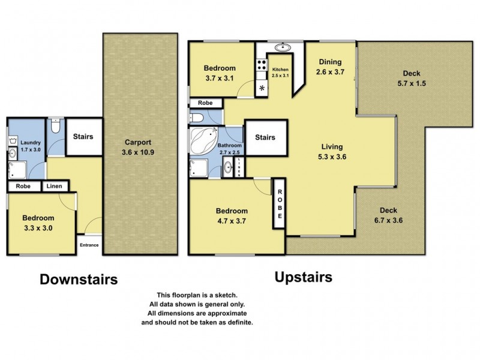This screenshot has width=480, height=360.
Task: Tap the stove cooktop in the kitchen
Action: point(262,65)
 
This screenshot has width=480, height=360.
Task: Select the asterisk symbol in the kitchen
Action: point(262,88)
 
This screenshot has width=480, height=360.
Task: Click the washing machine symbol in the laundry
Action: point(13,142)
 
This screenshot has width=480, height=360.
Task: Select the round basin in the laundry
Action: point(13,154)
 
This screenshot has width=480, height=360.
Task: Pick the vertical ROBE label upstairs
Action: point(280,203)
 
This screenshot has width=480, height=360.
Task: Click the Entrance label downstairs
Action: point(90,245)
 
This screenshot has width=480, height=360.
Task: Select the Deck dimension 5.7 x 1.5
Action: point(412,83)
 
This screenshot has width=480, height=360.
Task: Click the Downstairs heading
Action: point(79,279)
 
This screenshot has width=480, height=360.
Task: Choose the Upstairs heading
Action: point(303,277)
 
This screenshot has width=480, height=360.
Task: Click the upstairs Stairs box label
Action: point(265,137)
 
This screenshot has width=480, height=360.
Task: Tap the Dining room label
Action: point(329,62)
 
